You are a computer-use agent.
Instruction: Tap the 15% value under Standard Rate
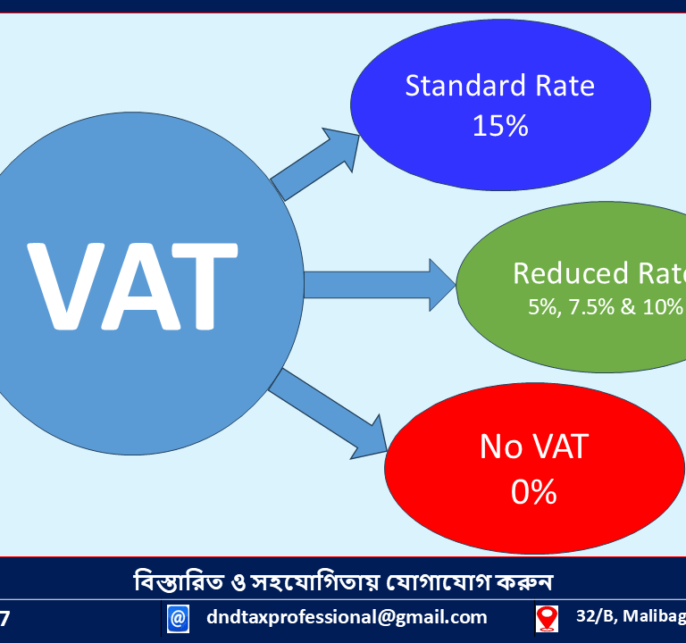coord(500,126)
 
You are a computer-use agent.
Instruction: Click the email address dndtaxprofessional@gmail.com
coord(347,616)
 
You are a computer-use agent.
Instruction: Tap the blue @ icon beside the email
coord(178,617)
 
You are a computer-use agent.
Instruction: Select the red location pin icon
coord(546,617)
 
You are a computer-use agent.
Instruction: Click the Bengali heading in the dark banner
coord(343,581)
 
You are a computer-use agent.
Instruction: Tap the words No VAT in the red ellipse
coord(534,447)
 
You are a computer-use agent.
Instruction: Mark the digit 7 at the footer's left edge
coord(6,617)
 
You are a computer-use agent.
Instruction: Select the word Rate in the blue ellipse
coord(564,87)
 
